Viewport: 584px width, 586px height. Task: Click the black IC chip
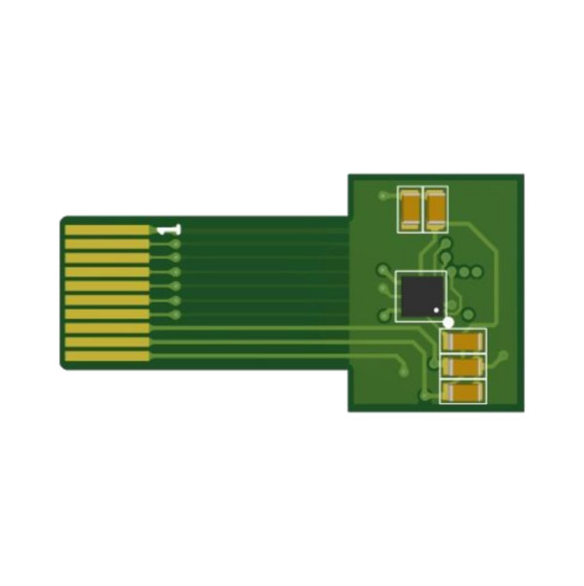(x=421, y=295)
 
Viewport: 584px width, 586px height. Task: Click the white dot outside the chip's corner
(x=448, y=321)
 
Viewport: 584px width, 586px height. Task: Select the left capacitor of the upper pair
(x=410, y=208)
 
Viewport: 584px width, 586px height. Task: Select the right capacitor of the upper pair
(x=435, y=208)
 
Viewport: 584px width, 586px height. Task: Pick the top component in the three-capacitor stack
(x=463, y=342)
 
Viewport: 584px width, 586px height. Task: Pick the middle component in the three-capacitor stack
(x=463, y=366)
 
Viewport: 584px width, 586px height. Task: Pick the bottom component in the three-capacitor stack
(x=463, y=391)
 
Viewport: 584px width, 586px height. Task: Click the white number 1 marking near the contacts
(x=168, y=230)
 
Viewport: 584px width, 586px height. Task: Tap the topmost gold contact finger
(x=107, y=230)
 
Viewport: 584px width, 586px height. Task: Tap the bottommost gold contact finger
(x=107, y=356)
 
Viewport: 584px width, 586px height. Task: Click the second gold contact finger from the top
(x=107, y=243)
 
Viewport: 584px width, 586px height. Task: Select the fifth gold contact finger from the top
(x=107, y=286)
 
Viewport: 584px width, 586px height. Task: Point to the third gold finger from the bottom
(x=107, y=328)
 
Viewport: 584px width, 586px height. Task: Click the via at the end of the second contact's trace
(x=175, y=243)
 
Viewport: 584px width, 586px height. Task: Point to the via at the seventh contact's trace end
(x=175, y=314)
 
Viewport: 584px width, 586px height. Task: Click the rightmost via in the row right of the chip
(x=477, y=270)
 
